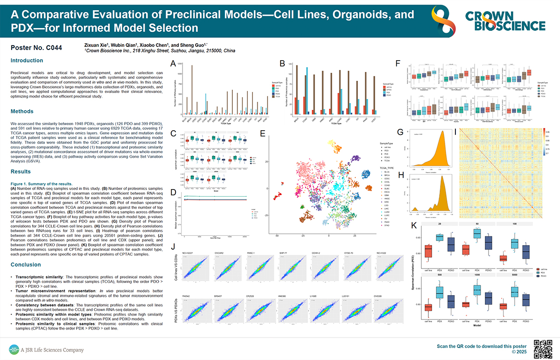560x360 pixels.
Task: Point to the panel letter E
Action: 262,134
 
